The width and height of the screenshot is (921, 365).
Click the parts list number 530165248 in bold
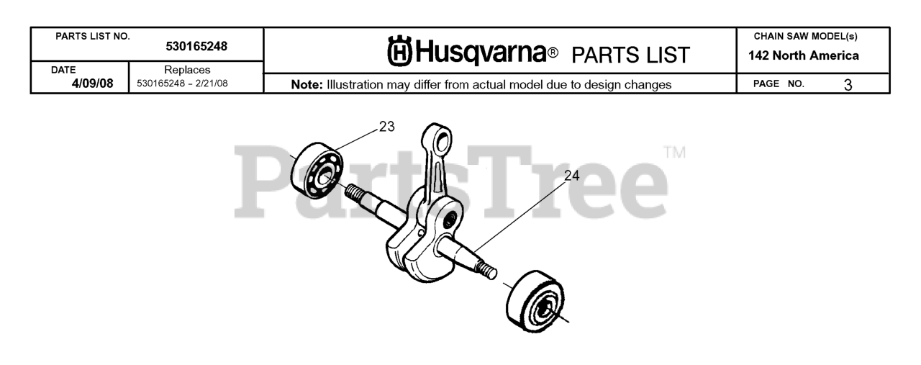tap(196, 46)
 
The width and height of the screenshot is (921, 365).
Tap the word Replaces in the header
tap(187, 70)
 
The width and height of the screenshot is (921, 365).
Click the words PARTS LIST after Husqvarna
tap(630, 55)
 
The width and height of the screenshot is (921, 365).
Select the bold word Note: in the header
tap(307, 85)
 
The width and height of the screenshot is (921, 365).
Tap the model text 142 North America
tap(803, 55)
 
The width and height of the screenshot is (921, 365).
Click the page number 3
tap(848, 84)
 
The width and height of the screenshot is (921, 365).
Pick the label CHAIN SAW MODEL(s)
tap(804, 36)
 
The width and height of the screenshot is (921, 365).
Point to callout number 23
tap(386, 127)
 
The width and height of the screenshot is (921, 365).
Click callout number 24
tap(571, 174)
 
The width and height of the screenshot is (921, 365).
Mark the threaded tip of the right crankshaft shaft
tap(489, 271)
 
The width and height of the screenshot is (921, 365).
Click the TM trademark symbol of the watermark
tap(675, 152)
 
